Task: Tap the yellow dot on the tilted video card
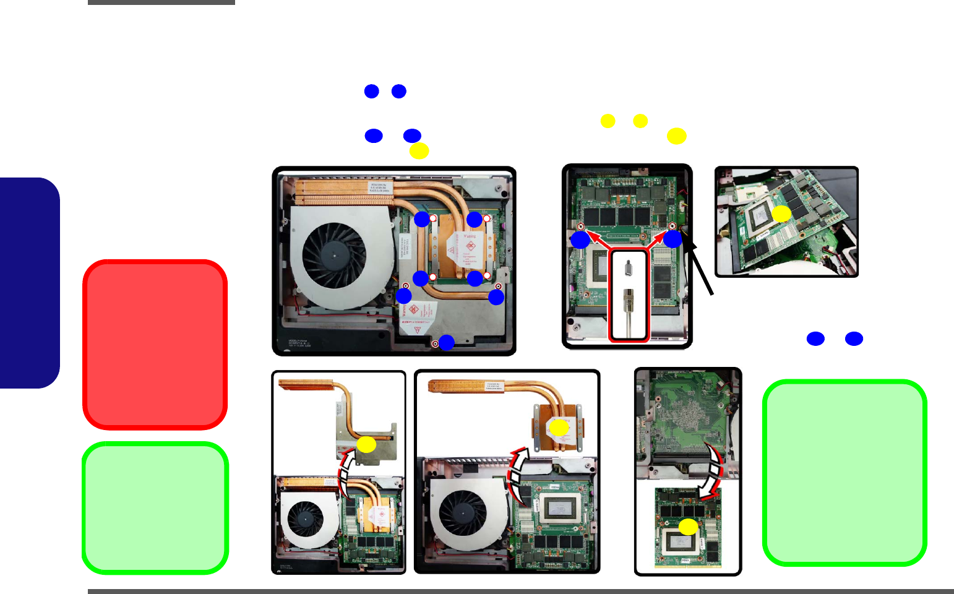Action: tap(781, 214)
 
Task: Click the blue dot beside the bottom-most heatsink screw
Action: tap(446, 342)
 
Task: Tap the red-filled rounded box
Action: tap(155, 345)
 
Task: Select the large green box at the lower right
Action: tap(844, 473)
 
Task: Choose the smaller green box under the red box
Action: tap(155, 508)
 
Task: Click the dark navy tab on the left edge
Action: tap(30, 283)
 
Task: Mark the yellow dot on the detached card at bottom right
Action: tap(688, 527)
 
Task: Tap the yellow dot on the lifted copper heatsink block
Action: tap(559, 428)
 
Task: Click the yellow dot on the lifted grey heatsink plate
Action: tap(366, 444)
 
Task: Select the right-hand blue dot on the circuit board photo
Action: tap(673, 239)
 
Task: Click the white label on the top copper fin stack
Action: tap(379, 187)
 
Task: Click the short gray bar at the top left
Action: tap(161, 2)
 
